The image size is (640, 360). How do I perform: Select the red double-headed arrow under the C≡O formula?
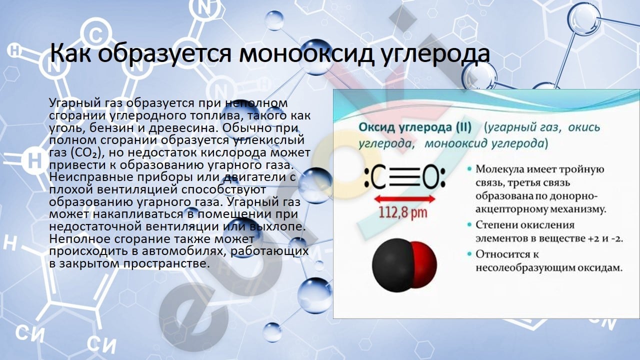[x=404, y=199]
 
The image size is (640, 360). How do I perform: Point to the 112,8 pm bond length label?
[x=403, y=212]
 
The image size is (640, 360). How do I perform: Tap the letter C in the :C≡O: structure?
[x=378, y=177]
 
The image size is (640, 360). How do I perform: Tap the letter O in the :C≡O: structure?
[x=431, y=177]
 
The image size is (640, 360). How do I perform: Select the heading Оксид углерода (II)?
[x=415, y=127]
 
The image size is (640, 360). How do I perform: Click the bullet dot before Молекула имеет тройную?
[x=469, y=169]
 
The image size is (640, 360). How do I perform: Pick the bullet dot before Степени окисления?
[x=469, y=225]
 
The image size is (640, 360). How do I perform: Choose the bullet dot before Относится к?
[x=469, y=254]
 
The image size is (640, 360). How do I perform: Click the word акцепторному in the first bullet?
[x=511, y=210]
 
